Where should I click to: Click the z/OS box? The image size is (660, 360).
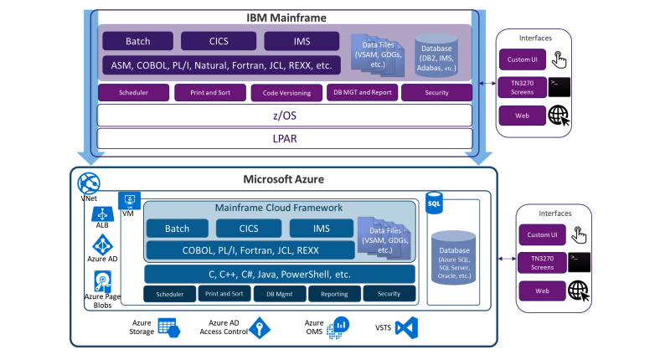pyautogui.click(x=284, y=115)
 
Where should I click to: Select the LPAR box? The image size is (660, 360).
pyautogui.click(x=284, y=138)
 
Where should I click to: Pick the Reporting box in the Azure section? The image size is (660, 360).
pyautogui.click(x=333, y=294)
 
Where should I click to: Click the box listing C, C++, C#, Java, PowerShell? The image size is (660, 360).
pyautogui.click(x=279, y=274)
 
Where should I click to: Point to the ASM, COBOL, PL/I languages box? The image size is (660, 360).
pyautogui.click(x=220, y=64)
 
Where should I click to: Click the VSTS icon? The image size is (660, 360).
pyautogui.click(x=406, y=327)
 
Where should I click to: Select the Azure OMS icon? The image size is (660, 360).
pyautogui.click(x=338, y=327)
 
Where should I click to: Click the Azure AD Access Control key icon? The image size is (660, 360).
pyautogui.click(x=259, y=327)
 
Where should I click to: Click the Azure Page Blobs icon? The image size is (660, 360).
pyautogui.click(x=102, y=281)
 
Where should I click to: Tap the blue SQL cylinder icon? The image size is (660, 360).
pyautogui.click(x=434, y=203)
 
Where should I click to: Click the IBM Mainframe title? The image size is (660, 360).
pyautogui.click(x=286, y=17)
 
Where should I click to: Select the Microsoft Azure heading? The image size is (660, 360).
pyautogui.click(x=285, y=179)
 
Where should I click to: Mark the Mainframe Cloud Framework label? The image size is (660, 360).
pyautogui.click(x=280, y=208)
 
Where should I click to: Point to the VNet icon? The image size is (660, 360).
pyautogui.click(x=88, y=184)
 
